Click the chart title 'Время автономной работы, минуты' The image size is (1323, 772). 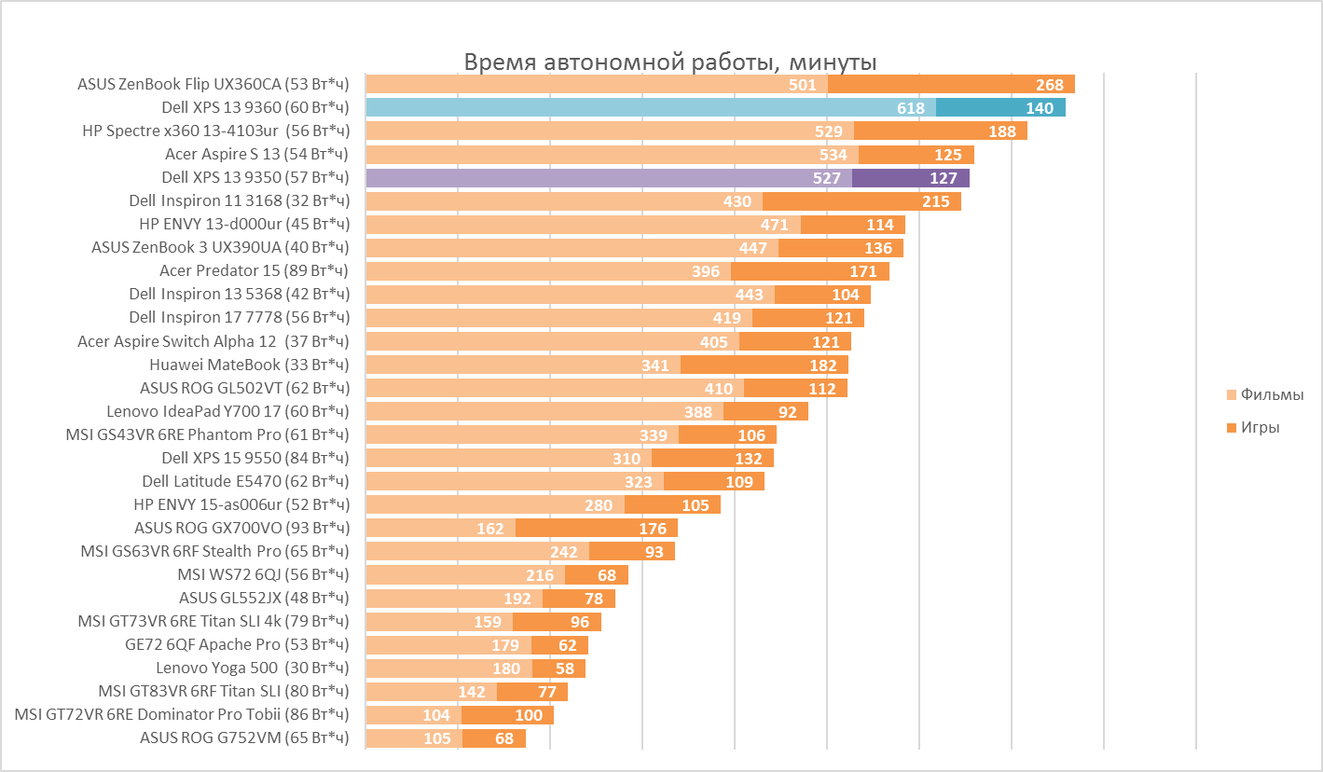click(670, 62)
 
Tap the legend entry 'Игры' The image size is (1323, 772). click(1260, 428)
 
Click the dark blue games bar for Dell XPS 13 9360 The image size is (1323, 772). click(1000, 108)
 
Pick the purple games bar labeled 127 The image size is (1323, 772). click(910, 178)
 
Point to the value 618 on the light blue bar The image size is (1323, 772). click(911, 108)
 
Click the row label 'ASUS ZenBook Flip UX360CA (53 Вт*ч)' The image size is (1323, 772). click(213, 85)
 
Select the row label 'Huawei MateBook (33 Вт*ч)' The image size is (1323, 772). click(249, 365)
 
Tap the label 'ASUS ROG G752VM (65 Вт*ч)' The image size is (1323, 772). click(244, 738)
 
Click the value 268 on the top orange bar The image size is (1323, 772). click(1050, 85)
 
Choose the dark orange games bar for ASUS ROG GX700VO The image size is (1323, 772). click(597, 529)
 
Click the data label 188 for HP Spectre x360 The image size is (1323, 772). click(1002, 131)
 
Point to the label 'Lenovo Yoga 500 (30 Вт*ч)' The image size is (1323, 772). click(252, 669)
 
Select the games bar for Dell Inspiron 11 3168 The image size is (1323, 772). click(861, 201)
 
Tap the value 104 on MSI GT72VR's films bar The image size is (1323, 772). click(436, 715)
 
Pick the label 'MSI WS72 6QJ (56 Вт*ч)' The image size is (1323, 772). click(263, 575)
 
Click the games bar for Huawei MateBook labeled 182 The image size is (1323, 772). click(765, 365)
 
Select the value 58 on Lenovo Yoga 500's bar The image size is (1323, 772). click(564, 669)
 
